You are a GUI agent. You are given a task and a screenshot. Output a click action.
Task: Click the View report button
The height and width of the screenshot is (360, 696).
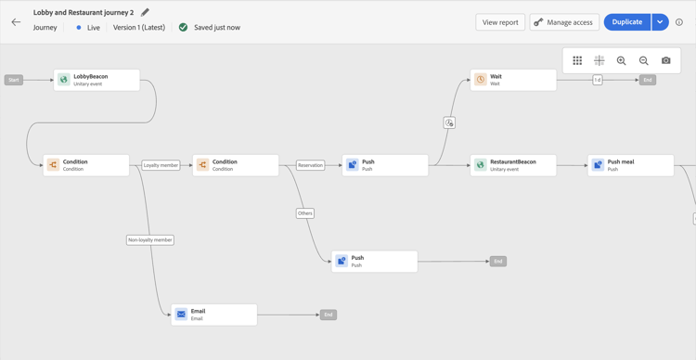(500, 22)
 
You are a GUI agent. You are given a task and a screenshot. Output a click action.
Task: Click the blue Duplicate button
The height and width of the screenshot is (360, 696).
(626, 22)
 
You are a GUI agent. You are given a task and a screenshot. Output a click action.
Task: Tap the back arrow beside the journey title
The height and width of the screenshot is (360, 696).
(16, 22)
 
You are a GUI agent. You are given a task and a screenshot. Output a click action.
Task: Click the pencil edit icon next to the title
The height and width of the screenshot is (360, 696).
(145, 13)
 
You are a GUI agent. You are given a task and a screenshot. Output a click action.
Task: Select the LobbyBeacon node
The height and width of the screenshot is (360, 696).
(97, 80)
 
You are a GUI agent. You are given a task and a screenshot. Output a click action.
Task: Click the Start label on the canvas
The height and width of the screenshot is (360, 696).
(14, 80)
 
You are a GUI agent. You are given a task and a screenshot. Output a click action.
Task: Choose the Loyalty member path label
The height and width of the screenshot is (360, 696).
(161, 165)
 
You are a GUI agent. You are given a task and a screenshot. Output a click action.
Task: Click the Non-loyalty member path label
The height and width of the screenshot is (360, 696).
(150, 239)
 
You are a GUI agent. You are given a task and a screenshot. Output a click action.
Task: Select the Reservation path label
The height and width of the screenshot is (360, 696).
(310, 165)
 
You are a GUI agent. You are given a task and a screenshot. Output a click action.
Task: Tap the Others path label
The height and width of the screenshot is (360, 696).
(305, 213)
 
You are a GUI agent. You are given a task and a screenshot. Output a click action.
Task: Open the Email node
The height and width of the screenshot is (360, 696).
(213, 315)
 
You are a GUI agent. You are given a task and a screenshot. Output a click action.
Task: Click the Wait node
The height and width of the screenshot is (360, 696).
(513, 80)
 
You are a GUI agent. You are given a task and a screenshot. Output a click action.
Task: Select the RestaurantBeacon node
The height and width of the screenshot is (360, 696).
(513, 165)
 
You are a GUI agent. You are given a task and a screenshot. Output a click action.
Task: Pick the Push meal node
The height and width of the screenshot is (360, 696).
(631, 165)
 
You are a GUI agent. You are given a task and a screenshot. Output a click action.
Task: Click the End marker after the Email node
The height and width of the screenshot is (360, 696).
(329, 315)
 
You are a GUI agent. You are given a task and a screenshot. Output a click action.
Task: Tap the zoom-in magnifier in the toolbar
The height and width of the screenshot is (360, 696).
(622, 60)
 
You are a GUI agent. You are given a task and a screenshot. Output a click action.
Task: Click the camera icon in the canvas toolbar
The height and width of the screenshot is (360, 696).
(666, 60)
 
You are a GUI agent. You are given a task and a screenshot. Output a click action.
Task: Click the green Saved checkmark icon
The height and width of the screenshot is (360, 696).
(183, 28)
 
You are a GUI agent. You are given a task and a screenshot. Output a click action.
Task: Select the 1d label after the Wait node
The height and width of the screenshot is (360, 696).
(598, 80)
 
